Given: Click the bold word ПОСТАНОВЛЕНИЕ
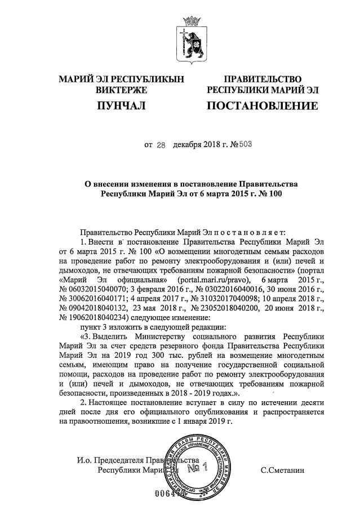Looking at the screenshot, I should (x=262, y=105).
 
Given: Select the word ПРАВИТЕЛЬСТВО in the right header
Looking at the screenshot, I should (x=262, y=79).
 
